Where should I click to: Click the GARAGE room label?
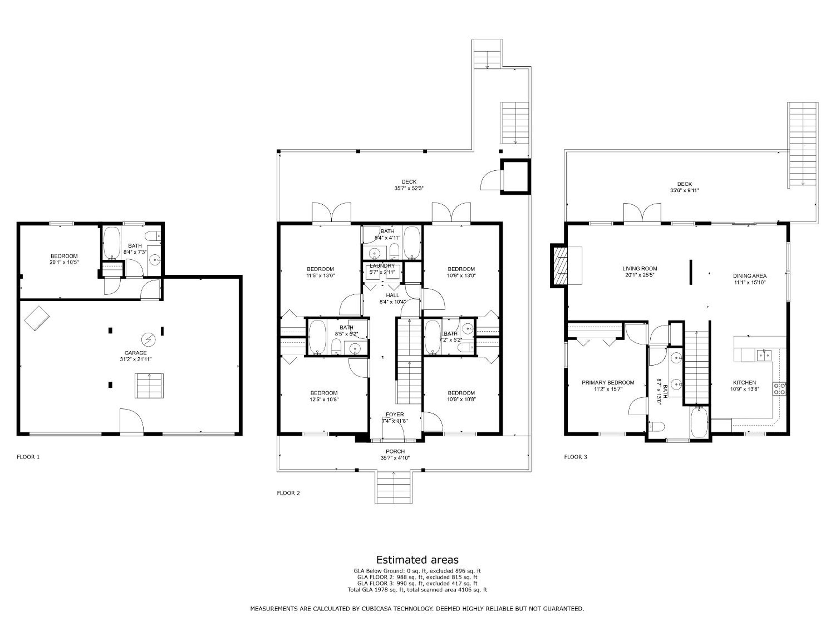[135, 353]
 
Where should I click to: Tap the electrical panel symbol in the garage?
[148, 340]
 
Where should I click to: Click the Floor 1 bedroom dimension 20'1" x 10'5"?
[64, 262]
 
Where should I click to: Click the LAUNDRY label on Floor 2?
[382, 266]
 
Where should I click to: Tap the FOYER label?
[395, 414]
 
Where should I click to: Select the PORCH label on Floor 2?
[395, 451]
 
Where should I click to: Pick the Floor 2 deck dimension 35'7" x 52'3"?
[409, 188]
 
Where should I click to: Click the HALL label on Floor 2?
[393, 295]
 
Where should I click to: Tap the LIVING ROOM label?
[640, 269]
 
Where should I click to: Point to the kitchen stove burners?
[780, 389]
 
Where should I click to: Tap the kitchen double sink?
[764, 355]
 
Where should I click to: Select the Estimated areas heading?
[417, 560]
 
